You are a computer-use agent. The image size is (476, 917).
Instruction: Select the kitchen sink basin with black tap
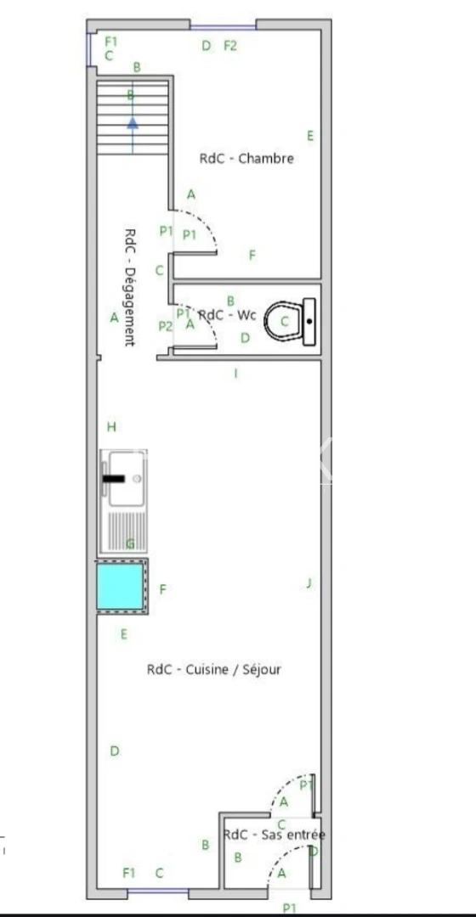tap(123, 478)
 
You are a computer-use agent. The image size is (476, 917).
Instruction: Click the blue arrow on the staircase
tap(133, 124)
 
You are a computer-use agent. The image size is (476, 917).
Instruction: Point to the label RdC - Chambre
tap(246, 158)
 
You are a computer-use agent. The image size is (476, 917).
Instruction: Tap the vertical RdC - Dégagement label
tap(130, 286)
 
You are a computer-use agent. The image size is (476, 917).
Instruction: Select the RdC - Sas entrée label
tap(274, 835)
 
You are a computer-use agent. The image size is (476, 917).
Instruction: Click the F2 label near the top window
tap(230, 46)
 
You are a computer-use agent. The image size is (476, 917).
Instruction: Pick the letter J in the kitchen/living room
tap(309, 583)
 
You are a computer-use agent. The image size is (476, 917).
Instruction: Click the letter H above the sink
tap(110, 426)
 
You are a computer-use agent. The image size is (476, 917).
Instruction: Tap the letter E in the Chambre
tap(310, 136)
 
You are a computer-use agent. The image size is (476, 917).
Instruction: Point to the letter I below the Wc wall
tap(235, 373)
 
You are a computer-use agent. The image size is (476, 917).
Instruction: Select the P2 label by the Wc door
tap(165, 325)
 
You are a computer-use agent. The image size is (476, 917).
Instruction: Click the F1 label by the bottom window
tap(129, 872)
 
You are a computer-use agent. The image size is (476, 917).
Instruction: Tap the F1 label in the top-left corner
tap(110, 41)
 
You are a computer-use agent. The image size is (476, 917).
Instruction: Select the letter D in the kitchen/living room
tap(115, 751)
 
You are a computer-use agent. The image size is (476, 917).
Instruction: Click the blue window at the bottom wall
tap(158, 891)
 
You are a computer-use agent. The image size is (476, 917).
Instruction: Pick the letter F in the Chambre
tap(252, 255)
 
